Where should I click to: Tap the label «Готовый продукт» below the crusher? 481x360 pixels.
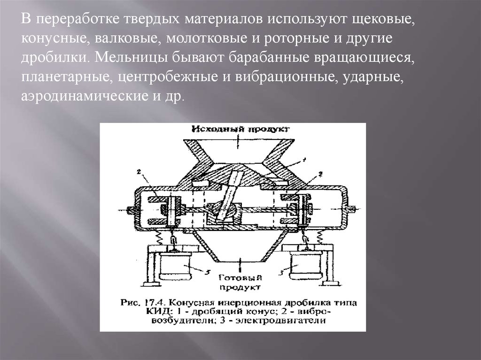[238, 280]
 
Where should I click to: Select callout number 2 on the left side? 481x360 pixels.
[140, 172]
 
